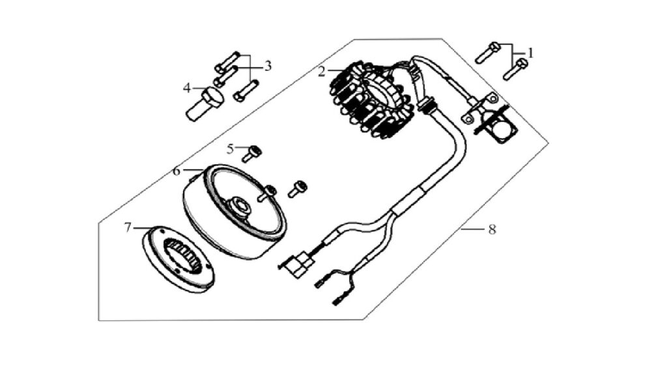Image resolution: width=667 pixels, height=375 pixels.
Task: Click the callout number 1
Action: point(530,53)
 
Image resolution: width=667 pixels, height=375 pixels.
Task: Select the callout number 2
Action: point(322,72)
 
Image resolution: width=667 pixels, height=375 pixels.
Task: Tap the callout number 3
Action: point(268,66)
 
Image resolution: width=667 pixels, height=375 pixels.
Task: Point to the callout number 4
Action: point(187,89)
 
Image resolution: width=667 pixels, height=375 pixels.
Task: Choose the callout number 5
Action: point(231,149)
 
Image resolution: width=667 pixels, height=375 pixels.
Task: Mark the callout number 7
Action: point(128,228)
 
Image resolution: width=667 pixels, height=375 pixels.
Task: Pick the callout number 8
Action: point(492,230)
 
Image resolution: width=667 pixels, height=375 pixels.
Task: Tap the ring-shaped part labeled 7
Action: point(178,258)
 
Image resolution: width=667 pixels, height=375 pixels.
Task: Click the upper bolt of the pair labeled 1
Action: point(487,53)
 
